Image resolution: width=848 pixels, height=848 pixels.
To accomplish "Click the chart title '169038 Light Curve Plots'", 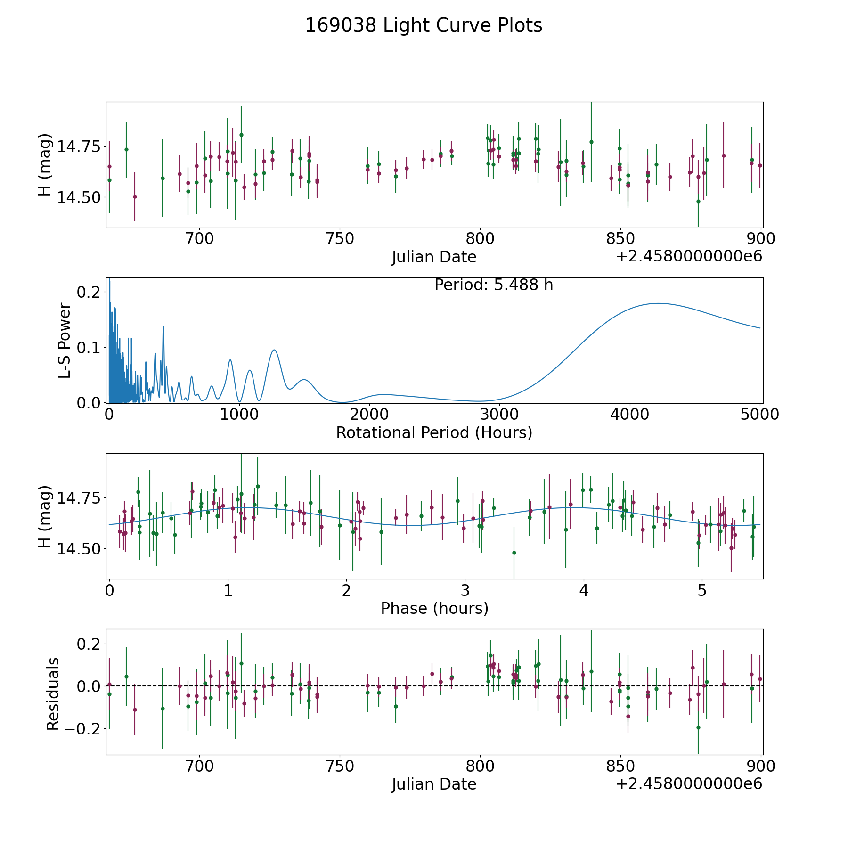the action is click(x=424, y=25).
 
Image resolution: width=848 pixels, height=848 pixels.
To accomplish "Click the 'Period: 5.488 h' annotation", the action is click(x=494, y=285).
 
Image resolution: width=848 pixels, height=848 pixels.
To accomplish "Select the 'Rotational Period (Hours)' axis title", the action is click(x=434, y=432).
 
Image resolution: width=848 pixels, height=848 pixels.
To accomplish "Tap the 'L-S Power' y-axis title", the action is click(x=65, y=340).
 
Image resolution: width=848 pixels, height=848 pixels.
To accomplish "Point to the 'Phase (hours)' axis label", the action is click(x=434, y=608).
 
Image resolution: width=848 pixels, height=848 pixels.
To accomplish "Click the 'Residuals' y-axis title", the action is click(x=53, y=693).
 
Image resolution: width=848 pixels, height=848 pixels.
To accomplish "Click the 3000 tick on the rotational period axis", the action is click(x=500, y=414).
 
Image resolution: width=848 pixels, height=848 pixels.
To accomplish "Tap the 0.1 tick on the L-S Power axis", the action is click(x=89, y=348).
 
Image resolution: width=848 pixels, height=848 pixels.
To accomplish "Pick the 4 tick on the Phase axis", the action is click(x=584, y=590).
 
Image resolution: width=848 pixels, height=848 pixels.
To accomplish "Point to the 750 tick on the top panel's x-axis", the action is click(x=340, y=239).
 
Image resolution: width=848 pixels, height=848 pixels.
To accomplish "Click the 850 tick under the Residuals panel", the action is click(x=620, y=766).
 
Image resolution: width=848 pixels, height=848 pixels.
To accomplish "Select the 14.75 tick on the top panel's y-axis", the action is click(x=79, y=147).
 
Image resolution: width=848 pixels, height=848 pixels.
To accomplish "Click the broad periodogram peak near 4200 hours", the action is click(x=658, y=303).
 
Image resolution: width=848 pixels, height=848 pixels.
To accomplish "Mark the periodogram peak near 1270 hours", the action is click(x=274, y=350).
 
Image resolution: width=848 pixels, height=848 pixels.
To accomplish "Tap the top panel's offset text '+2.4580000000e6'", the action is click(x=689, y=256).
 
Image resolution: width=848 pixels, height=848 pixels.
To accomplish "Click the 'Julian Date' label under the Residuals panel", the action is click(x=434, y=784).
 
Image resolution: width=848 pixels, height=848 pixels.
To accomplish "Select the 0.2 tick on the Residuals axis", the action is click(x=89, y=644).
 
